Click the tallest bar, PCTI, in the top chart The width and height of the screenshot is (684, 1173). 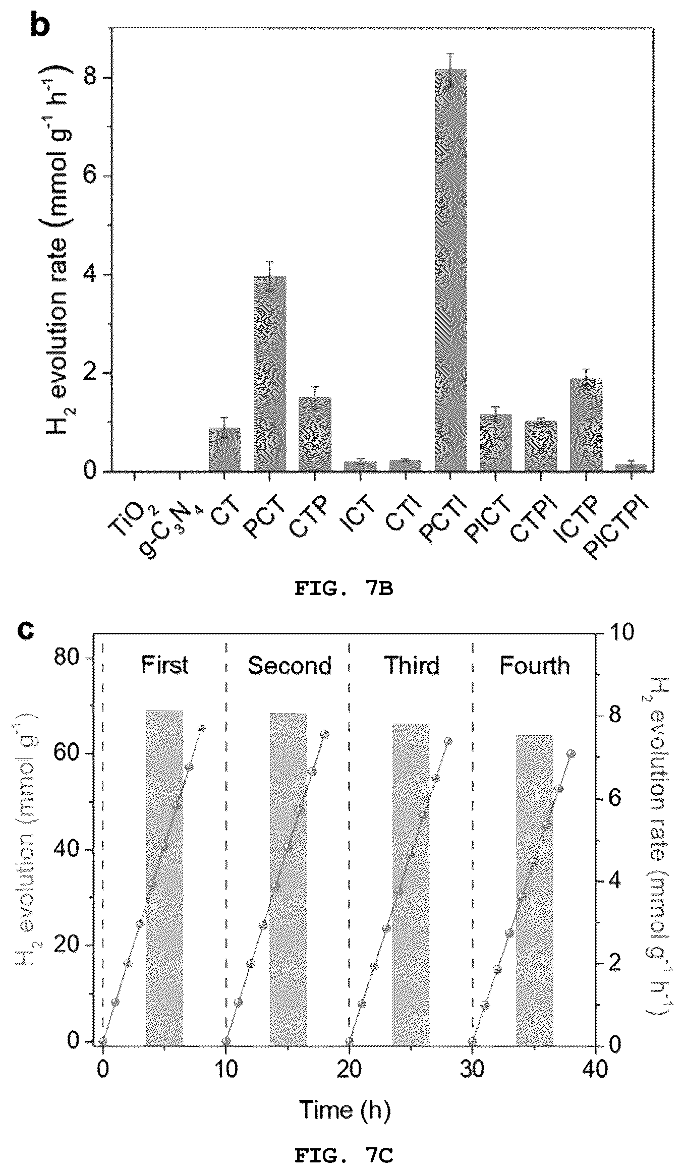[450, 270]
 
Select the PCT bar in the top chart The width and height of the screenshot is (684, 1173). [270, 374]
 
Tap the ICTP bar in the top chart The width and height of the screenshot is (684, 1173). [586, 425]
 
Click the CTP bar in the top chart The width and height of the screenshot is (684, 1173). [315, 435]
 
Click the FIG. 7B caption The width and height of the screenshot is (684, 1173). [344, 589]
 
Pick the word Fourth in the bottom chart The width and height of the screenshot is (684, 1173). [535, 666]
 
